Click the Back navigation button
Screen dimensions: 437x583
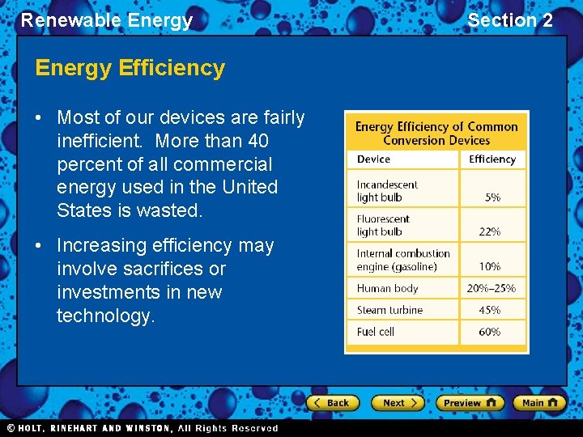[332, 403]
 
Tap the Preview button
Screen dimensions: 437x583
[470, 403]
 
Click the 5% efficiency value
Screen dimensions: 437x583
[492, 197]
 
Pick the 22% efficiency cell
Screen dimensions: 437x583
[490, 231]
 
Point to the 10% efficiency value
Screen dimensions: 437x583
[490, 266]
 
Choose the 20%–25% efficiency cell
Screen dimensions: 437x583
[492, 288]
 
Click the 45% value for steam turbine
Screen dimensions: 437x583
[490, 310]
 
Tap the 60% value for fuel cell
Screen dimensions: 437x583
[490, 332]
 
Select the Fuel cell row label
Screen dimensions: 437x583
[377, 332]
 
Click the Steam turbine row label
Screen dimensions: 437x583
[389, 310]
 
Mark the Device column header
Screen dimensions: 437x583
[373, 159]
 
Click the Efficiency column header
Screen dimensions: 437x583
[492, 159]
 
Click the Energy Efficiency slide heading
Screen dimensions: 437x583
[130, 68]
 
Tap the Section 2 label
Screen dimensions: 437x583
[510, 20]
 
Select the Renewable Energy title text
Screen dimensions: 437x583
[106, 20]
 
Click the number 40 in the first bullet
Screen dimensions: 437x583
[258, 141]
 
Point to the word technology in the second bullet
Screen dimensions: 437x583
[105, 316]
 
